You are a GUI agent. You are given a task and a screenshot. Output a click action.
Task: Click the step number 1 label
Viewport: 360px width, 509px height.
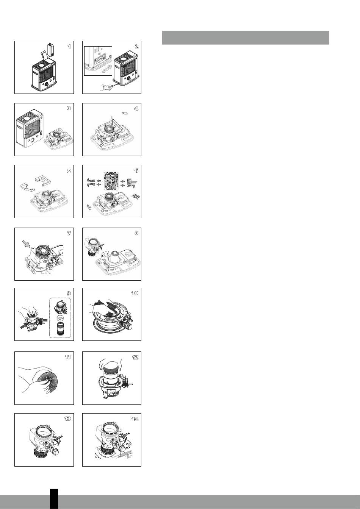(69, 46)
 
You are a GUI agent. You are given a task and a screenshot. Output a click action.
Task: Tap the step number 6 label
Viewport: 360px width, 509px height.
(136, 170)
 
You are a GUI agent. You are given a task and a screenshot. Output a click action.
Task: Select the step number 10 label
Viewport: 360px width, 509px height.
(135, 293)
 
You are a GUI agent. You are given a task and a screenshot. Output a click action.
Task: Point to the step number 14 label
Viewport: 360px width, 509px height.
(135, 419)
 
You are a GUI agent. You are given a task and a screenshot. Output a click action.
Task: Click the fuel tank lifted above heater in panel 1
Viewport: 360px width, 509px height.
(51, 49)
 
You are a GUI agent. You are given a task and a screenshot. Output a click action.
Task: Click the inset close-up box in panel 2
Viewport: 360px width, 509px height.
(98, 61)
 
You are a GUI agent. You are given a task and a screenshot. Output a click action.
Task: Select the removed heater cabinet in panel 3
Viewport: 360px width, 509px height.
(30, 128)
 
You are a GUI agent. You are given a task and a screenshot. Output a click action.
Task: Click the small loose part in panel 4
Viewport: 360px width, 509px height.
(125, 113)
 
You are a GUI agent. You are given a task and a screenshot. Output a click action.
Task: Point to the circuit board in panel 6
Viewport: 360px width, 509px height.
(111, 181)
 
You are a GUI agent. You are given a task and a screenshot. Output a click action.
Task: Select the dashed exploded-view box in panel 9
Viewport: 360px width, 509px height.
(60, 318)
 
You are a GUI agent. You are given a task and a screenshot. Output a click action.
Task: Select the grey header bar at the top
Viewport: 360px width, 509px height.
(246, 38)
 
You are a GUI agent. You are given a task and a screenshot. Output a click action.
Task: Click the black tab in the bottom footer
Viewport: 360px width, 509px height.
(54, 499)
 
